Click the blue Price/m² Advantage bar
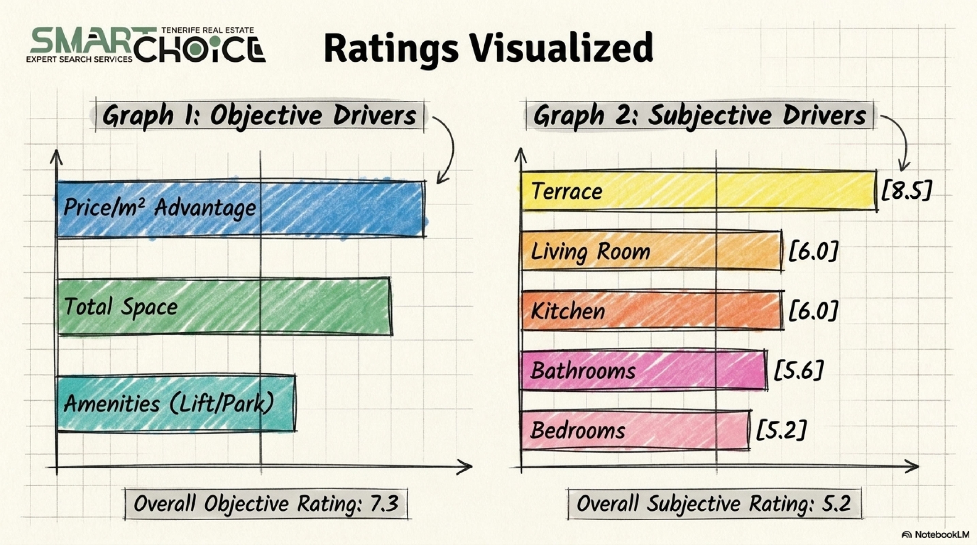(241, 209)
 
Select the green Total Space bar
(225, 307)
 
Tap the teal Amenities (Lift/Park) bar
(177, 404)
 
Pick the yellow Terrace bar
(699, 190)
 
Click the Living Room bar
(652, 251)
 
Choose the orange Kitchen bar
(652, 310)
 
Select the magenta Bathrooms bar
(644, 370)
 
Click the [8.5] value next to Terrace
(906, 190)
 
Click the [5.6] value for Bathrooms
(798, 370)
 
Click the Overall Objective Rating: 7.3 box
(266, 503)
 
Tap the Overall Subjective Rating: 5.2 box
(714, 503)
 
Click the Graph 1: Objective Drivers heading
(260, 116)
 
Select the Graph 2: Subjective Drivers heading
(700, 116)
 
